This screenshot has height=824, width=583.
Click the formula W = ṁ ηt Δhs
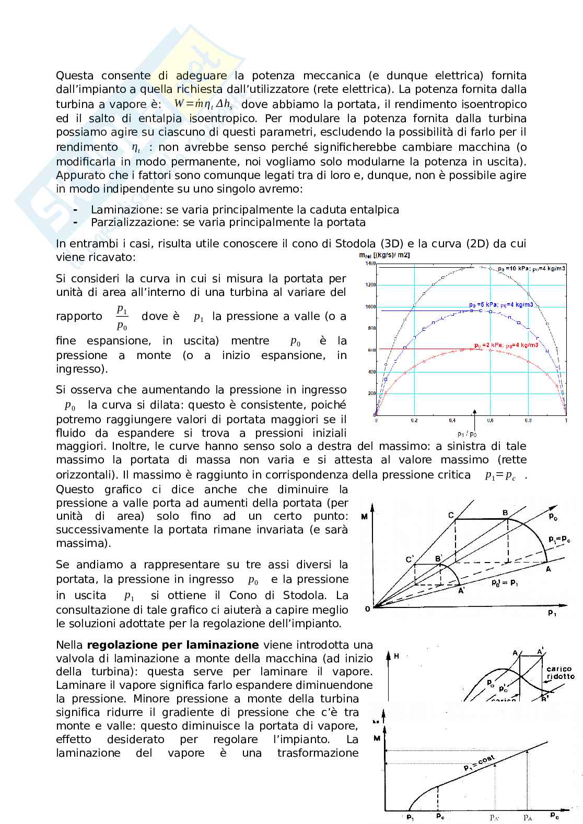(203, 104)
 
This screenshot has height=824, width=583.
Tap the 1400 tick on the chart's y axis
(370, 264)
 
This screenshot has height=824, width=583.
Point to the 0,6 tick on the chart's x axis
(490, 420)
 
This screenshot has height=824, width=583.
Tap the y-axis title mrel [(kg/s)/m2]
(384, 255)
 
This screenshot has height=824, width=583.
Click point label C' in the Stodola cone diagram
(410, 559)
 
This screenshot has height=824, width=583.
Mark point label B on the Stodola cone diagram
(505, 513)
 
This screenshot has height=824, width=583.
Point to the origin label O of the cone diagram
(368, 608)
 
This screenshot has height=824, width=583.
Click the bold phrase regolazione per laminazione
(172, 644)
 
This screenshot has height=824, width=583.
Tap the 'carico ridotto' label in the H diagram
(560, 672)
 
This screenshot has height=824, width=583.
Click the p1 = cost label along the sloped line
(479, 763)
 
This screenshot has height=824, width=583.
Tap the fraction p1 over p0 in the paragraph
(122, 317)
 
